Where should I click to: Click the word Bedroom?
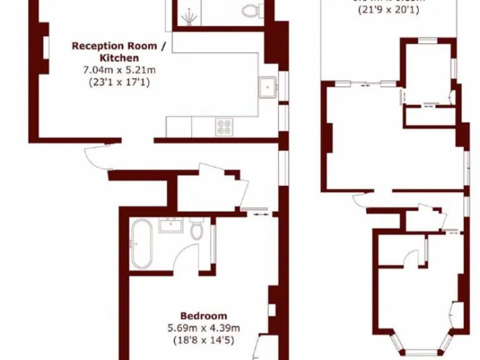coord(204,316)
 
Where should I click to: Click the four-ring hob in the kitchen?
coord(224,127)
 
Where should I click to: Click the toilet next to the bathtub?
coord(197,229)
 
